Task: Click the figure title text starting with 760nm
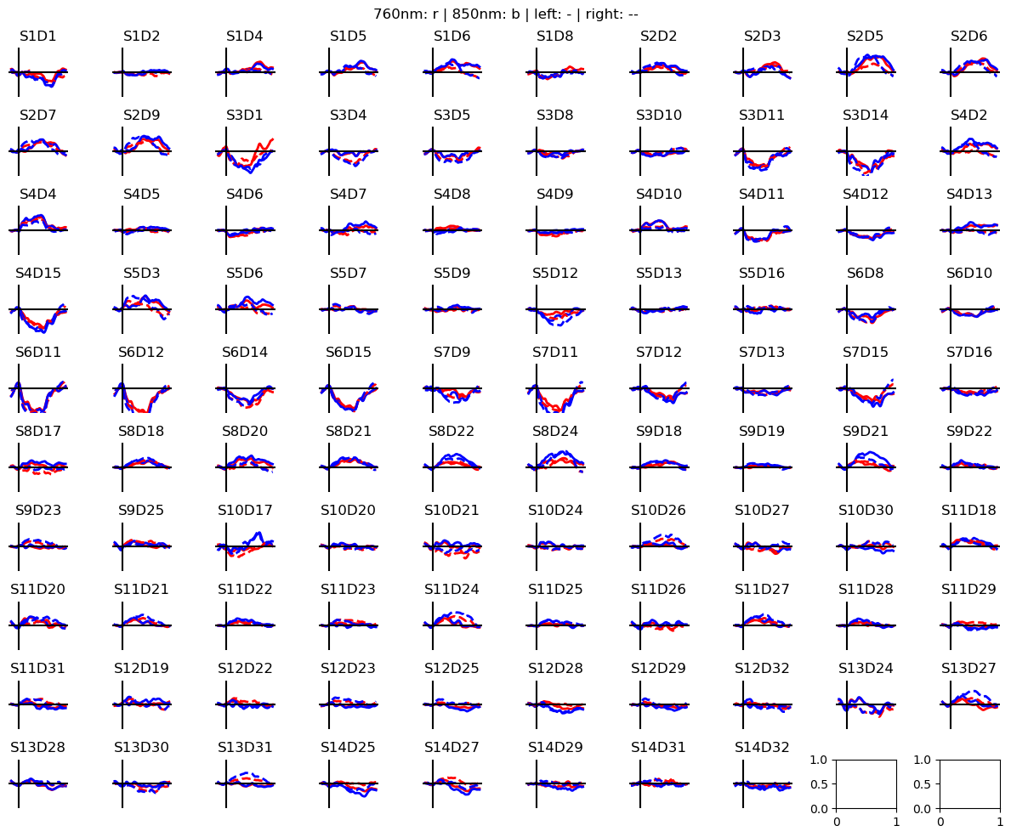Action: [x=505, y=14]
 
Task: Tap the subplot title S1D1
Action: [x=38, y=37]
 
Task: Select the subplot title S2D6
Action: [x=969, y=37]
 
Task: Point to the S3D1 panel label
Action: [x=245, y=116]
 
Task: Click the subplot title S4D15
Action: [x=38, y=274]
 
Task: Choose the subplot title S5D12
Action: [x=555, y=274]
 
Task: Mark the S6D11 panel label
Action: [x=38, y=353]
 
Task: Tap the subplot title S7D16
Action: [x=969, y=353]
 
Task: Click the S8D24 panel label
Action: [x=555, y=432]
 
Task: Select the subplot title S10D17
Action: [x=245, y=511]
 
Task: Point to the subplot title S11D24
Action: [x=452, y=590]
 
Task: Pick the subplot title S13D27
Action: [x=969, y=669]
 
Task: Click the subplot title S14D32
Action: [x=762, y=748]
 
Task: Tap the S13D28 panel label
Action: [x=38, y=748]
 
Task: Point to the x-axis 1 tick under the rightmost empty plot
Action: [x=1000, y=822]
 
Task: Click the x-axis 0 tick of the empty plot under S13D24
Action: [x=837, y=822]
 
